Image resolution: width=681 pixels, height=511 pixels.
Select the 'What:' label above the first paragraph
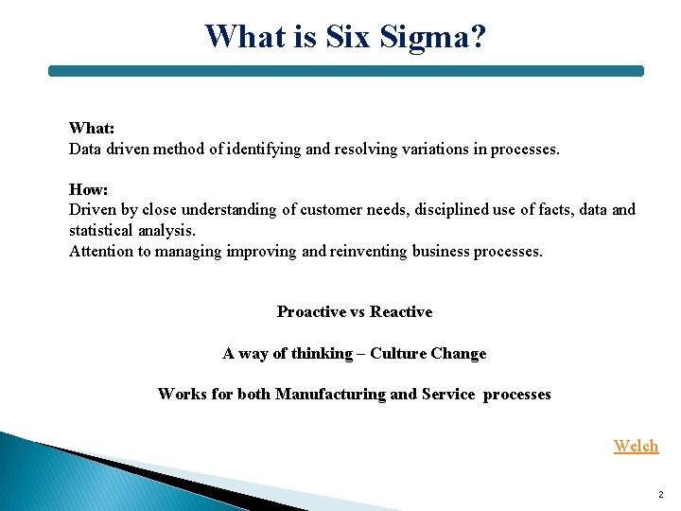pyautogui.click(x=92, y=128)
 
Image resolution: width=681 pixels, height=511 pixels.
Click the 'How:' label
pyautogui.click(x=88, y=189)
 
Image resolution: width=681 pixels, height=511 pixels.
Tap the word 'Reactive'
pyautogui.click(x=401, y=311)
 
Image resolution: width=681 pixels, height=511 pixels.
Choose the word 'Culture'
pyautogui.click(x=398, y=353)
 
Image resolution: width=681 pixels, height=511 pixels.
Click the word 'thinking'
pyautogui.click(x=322, y=353)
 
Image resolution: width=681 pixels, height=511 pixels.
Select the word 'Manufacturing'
pyautogui.click(x=330, y=394)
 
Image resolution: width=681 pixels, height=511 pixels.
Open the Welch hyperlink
pyautogui.click(x=636, y=446)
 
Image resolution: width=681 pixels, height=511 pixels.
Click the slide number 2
pyautogui.click(x=660, y=495)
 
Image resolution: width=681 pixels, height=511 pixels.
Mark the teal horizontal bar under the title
pyautogui.click(x=346, y=71)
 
